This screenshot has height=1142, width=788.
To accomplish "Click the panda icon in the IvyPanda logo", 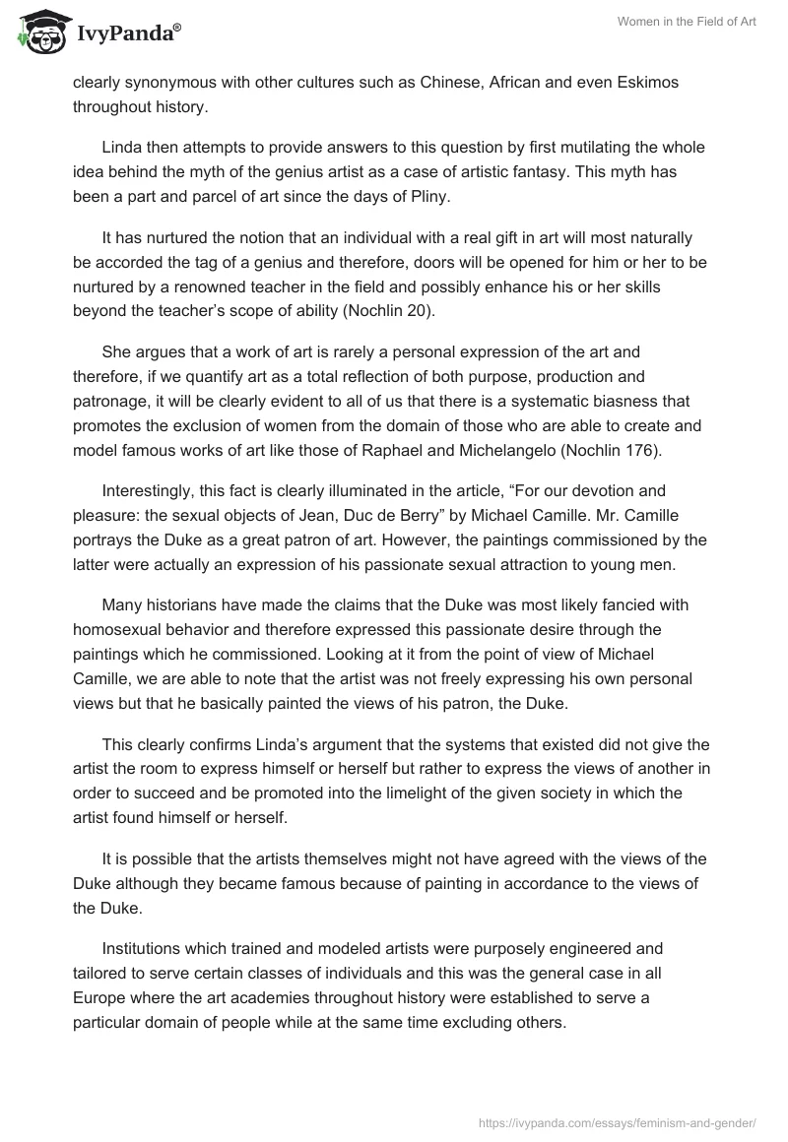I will (38, 32).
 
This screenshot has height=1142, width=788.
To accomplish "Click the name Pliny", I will (427, 197).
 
